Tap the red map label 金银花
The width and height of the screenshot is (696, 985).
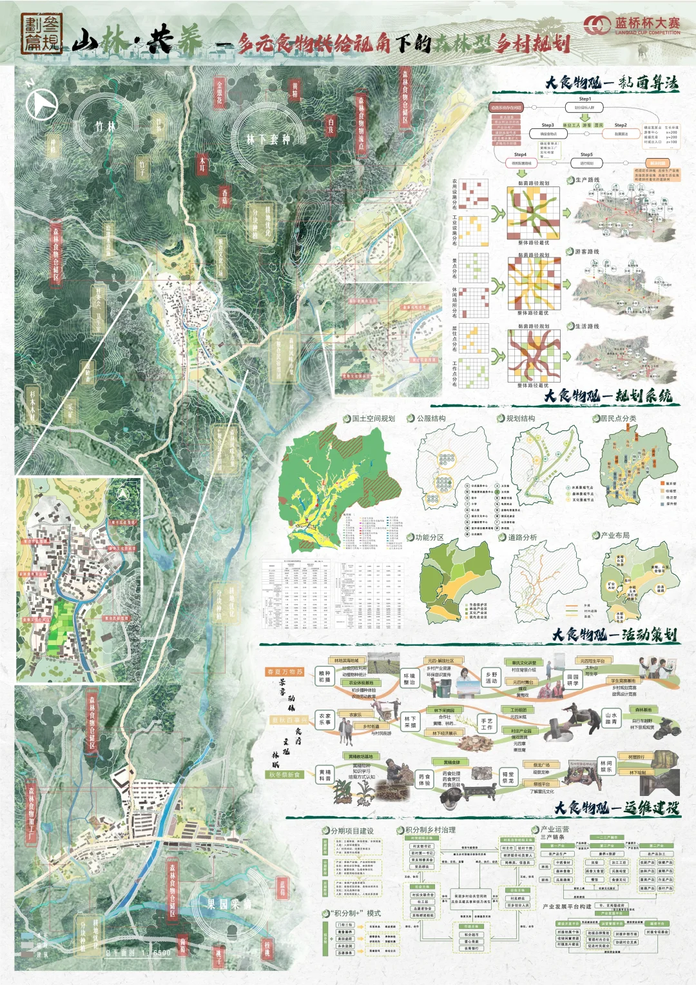pyautogui.click(x=220, y=93)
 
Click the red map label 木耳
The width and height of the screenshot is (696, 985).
pyautogui.click(x=202, y=164)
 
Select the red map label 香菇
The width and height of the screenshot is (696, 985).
pyautogui.click(x=225, y=197)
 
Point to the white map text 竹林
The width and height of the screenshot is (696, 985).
pyautogui.click(x=106, y=126)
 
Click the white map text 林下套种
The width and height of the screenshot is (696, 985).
pyautogui.click(x=268, y=139)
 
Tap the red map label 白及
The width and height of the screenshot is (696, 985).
pyautogui.click(x=331, y=125)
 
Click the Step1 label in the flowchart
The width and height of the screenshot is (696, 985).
pyautogui.click(x=585, y=99)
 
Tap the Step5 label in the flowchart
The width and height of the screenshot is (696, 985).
pyautogui.click(x=586, y=155)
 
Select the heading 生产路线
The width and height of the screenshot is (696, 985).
pyautogui.click(x=587, y=180)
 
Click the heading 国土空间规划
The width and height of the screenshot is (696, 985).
pyautogui.click(x=373, y=418)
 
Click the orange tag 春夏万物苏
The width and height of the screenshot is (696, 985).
pyautogui.click(x=285, y=672)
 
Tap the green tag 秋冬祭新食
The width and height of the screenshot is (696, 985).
pyautogui.click(x=285, y=774)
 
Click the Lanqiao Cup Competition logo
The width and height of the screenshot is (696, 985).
pyautogui.click(x=632, y=25)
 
